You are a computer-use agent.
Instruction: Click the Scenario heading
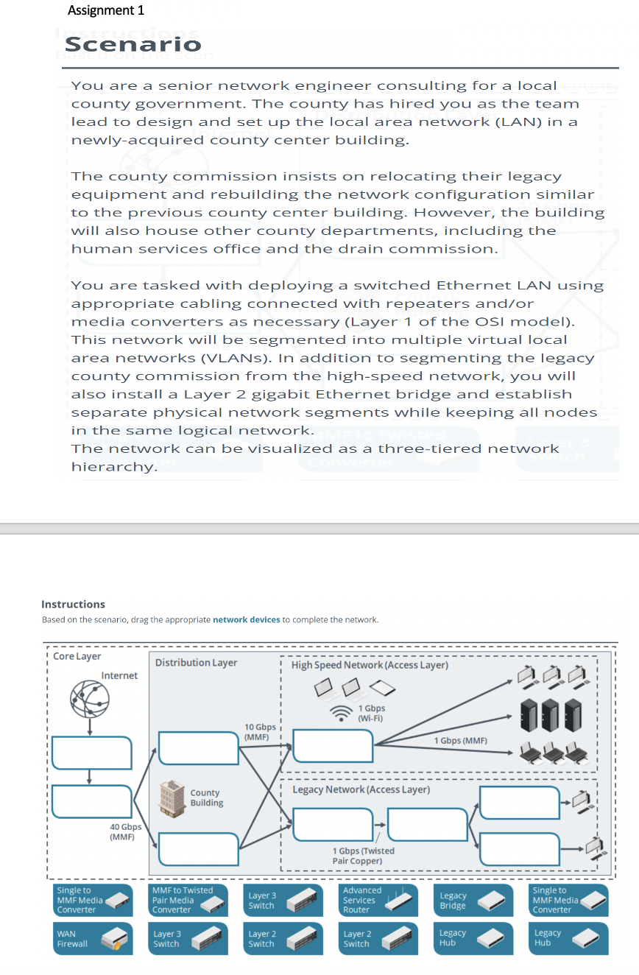pos(133,45)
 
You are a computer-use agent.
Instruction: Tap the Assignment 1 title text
pos(105,10)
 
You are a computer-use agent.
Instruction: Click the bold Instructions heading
pos(73,604)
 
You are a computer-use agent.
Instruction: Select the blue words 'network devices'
pos(246,619)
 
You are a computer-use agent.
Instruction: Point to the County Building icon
pos(173,797)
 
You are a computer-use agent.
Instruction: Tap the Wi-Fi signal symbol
pos(341,713)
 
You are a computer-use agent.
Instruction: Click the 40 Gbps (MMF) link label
pos(125,831)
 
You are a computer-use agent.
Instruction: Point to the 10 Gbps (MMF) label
pos(260,732)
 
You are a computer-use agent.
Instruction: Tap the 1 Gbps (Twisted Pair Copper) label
pos(363,856)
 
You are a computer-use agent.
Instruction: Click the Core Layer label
pos(77,656)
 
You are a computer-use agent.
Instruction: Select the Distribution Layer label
pos(196,662)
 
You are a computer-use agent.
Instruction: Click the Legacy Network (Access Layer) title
pos(361,789)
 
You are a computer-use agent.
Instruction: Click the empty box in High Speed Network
pos(333,746)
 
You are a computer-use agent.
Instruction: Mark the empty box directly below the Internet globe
pos(91,753)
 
